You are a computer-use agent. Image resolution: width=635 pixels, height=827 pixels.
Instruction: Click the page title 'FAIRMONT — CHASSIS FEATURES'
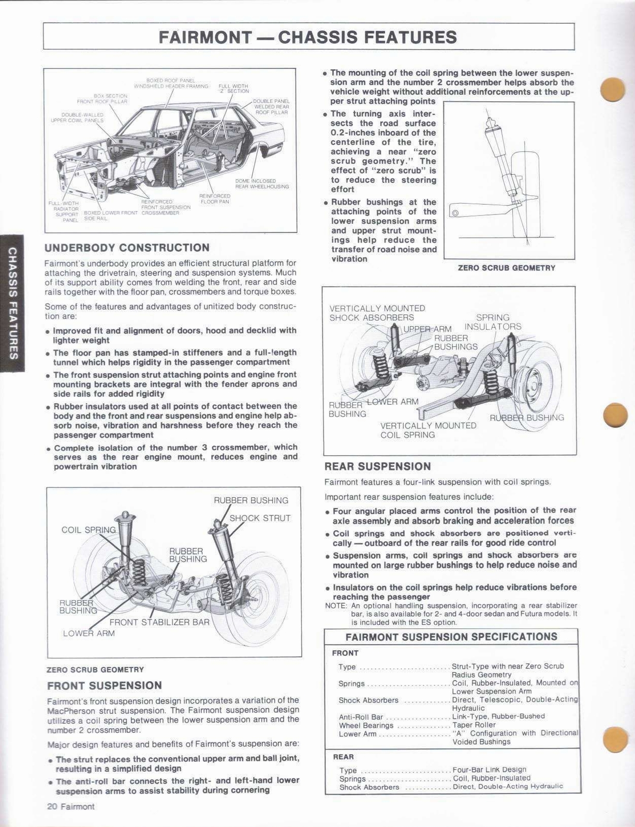[x=308, y=37]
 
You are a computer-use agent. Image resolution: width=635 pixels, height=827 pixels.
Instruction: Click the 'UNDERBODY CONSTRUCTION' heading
[x=127, y=248]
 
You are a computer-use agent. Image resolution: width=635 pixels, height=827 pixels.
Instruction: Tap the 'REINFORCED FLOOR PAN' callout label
[x=215, y=199]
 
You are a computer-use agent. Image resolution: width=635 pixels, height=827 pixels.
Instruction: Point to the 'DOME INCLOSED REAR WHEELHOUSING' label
[x=262, y=183]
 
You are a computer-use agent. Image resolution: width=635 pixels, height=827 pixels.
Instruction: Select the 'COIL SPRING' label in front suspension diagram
[x=88, y=530]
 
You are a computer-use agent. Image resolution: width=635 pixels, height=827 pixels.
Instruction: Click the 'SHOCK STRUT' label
[x=260, y=518]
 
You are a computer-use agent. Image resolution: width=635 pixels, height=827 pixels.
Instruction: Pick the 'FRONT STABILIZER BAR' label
[x=159, y=622]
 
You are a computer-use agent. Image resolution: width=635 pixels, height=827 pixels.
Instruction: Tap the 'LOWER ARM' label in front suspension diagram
[x=88, y=633]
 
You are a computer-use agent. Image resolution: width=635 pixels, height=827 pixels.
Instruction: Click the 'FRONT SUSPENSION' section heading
[x=105, y=685]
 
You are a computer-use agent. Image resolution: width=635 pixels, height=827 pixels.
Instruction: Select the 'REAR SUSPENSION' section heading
[x=377, y=466]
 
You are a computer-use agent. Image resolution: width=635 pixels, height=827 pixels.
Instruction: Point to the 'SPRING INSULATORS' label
[x=493, y=322]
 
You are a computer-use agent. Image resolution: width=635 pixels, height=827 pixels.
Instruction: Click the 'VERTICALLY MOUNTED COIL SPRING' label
[x=428, y=430]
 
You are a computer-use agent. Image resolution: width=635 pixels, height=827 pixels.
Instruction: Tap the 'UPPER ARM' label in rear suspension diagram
[x=427, y=329]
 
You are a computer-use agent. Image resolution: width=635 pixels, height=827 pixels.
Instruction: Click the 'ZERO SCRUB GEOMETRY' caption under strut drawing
[x=506, y=268]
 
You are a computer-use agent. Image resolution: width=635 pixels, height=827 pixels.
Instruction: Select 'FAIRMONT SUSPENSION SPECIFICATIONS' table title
[x=451, y=637]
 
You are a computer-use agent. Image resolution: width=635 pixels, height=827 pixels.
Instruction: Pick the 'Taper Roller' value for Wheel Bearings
[x=474, y=725]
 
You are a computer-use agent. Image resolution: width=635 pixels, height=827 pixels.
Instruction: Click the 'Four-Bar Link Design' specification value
[x=489, y=770]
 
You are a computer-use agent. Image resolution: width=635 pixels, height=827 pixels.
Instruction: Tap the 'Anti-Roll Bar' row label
[x=361, y=716]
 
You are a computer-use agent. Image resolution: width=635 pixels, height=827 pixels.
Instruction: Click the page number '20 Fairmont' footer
[x=70, y=807]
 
